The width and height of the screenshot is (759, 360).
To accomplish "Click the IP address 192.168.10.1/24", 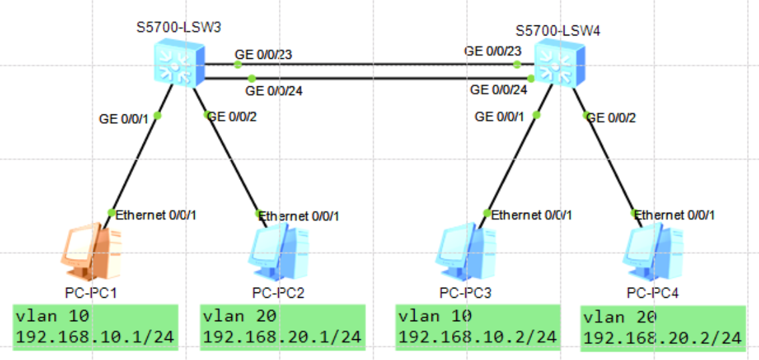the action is point(95,337).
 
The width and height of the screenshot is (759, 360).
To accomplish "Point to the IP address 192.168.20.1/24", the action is point(282,337).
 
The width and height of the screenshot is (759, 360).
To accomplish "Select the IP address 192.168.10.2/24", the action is point(477,337).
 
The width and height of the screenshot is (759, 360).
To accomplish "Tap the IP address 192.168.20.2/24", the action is point(663,339).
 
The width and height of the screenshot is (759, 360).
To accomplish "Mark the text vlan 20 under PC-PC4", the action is point(620,317).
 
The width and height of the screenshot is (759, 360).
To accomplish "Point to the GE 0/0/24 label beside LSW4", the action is point(498,90).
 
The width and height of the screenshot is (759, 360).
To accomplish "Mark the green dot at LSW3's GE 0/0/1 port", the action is point(157,115).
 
